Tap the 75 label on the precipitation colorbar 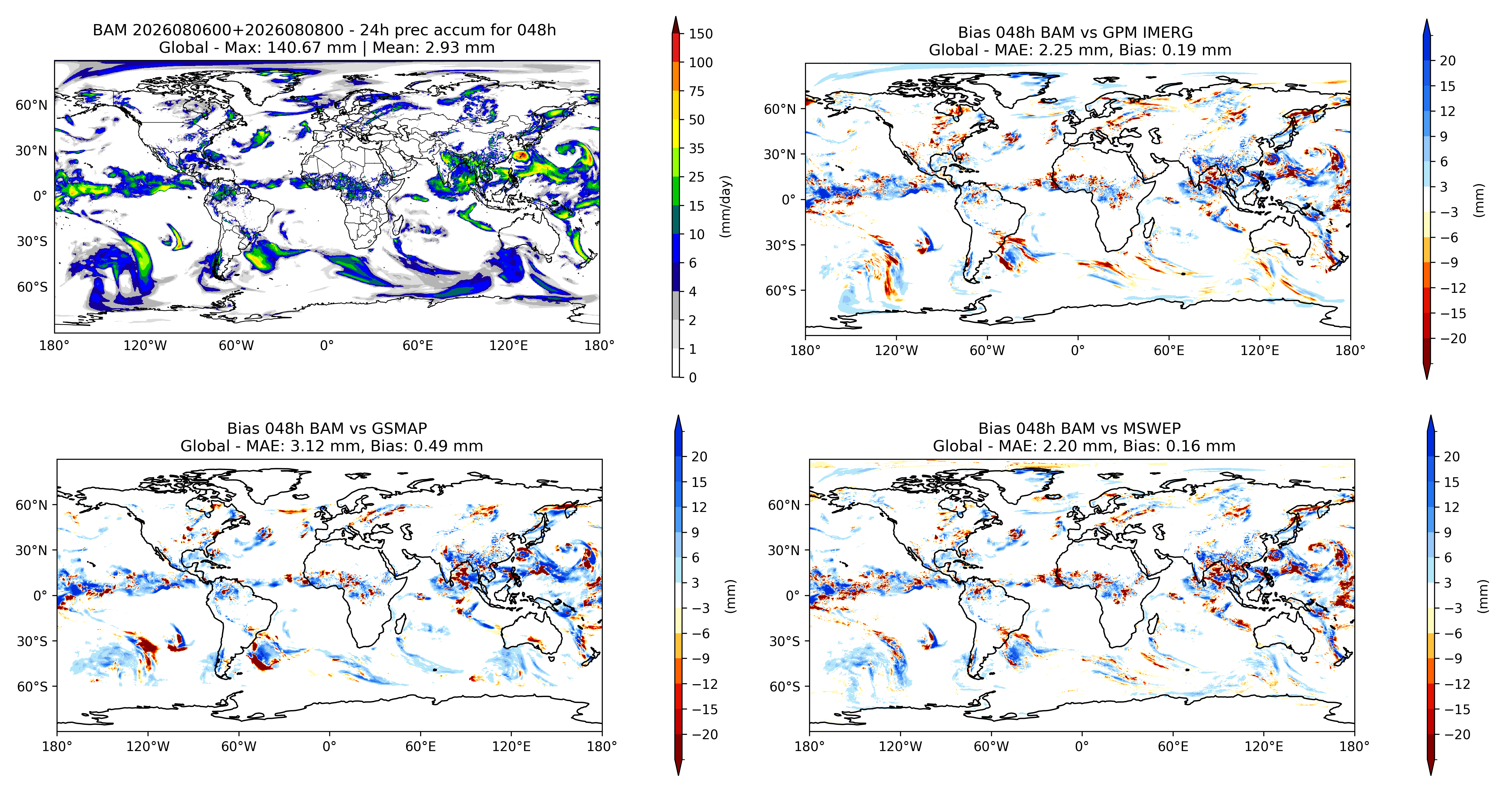click(x=697, y=91)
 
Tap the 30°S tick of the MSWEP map click(x=784, y=641)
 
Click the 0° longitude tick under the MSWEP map click(x=1082, y=746)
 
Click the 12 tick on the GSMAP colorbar click(x=699, y=507)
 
